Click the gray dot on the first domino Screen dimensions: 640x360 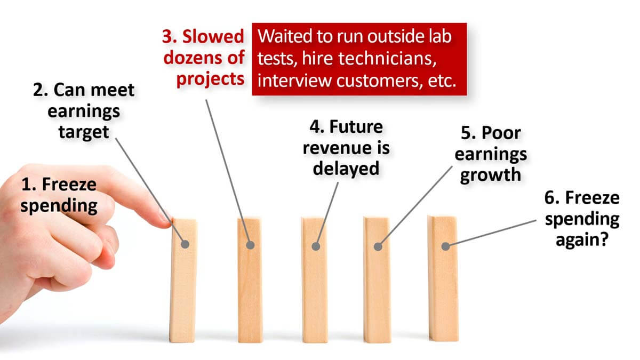click(x=185, y=244)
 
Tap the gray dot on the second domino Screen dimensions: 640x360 click(x=250, y=245)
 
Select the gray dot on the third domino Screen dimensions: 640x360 click(x=316, y=246)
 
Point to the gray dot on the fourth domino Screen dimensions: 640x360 click(x=378, y=246)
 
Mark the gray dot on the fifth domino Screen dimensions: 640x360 click(x=445, y=246)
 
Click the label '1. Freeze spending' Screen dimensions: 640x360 click(x=59, y=195)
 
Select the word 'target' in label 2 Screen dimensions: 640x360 click(x=84, y=132)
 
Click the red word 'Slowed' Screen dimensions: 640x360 click(x=213, y=37)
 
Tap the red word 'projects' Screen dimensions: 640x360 click(x=211, y=79)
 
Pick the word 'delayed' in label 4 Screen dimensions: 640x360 click(x=346, y=169)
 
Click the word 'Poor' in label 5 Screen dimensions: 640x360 click(x=501, y=133)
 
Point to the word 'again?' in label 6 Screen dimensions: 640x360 click(x=582, y=240)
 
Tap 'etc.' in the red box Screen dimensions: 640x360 click(x=442, y=81)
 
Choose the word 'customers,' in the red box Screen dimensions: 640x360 click(x=379, y=81)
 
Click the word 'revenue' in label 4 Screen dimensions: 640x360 click(x=334, y=148)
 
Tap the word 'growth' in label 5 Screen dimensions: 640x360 click(x=491, y=175)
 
